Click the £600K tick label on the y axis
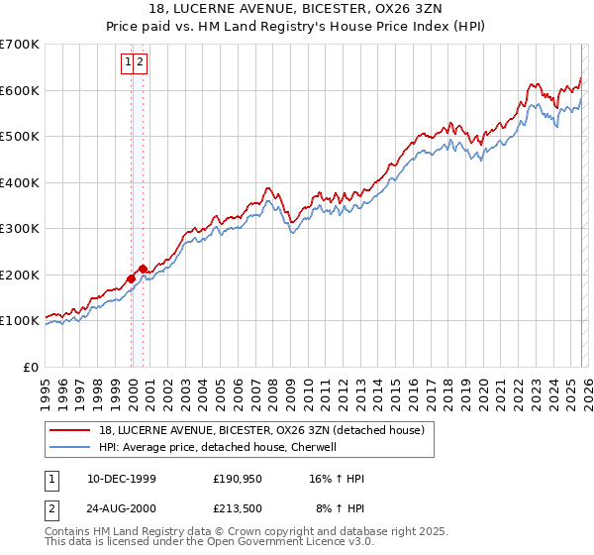(x=19, y=90)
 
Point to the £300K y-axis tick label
(x=19, y=229)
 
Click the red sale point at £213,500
(x=144, y=268)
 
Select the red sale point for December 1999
(x=132, y=278)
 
